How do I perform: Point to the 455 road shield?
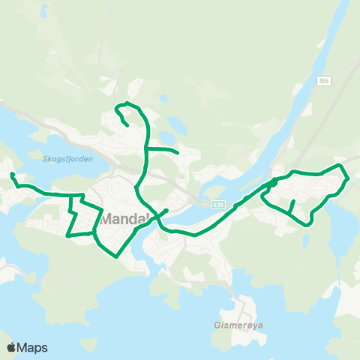coord(323,81)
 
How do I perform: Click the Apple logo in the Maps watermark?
coord(12,347)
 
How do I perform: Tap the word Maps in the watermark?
coord(33,347)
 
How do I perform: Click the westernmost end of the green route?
coord(12,175)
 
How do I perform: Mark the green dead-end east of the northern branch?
coord(178,153)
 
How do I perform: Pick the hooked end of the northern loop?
coord(125,124)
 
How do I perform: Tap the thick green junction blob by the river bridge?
coord(273,182)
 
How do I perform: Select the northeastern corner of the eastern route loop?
coord(341,164)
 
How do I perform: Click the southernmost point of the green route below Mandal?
coord(116,256)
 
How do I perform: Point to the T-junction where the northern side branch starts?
coord(145,148)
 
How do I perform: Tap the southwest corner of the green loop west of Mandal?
coord(67,235)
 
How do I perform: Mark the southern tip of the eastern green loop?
coord(308,223)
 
